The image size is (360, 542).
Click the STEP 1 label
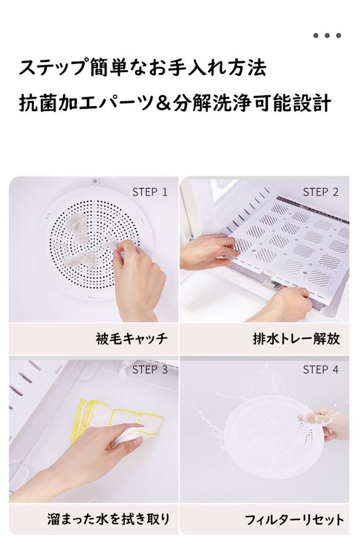[x=149, y=192]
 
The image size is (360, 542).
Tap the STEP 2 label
[x=321, y=192]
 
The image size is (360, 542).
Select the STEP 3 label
[x=149, y=370]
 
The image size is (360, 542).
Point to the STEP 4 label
[x=321, y=370]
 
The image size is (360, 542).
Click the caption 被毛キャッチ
[x=132, y=338]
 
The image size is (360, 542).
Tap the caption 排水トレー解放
[x=296, y=338]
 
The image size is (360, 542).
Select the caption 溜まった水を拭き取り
[x=108, y=519]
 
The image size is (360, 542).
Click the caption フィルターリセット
[x=294, y=519]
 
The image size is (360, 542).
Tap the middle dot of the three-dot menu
[x=327, y=35]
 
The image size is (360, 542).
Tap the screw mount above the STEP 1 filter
[x=96, y=182]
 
